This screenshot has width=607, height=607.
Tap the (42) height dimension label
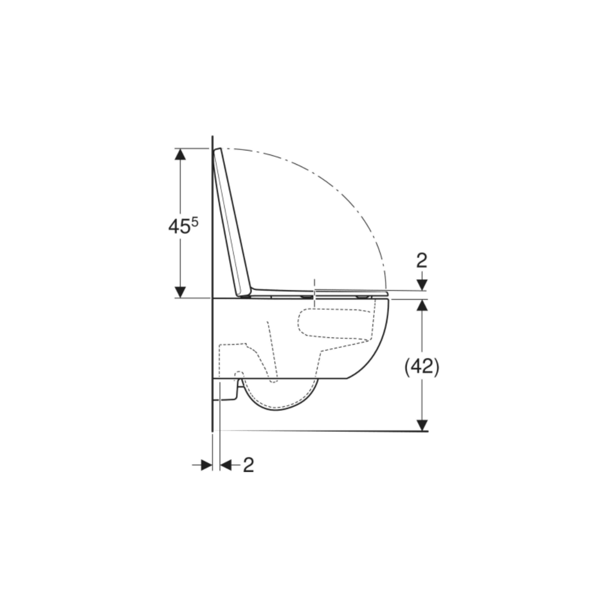[x=422, y=366]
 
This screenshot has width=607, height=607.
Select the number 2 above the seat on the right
[x=422, y=261]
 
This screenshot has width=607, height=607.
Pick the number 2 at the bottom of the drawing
[x=248, y=465]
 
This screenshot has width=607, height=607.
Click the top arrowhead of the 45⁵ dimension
[x=180, y=154]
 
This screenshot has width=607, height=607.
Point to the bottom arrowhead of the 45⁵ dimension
[x=180, y=292]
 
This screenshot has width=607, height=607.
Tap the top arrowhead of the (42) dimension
[x=422, y=305]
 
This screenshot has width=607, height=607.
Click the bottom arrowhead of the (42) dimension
[x=422, y=425]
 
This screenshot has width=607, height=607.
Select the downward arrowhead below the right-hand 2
[x=422, y=285]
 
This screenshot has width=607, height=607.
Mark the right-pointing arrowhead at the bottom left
[x=207, y=465]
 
